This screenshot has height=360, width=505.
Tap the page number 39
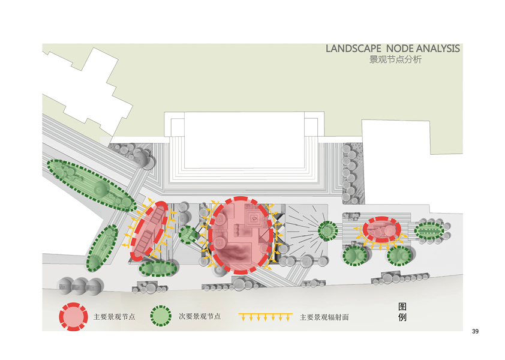tap(476, 332)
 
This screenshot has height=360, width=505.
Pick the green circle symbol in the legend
tap(161, 316)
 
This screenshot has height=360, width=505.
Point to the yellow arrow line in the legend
tap(265, 316)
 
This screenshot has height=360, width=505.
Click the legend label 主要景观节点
tap(115, 316)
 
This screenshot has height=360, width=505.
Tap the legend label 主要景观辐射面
tap(324, 317)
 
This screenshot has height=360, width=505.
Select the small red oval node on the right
tap(381, 229)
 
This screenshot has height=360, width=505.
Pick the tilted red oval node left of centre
tap(148, 230)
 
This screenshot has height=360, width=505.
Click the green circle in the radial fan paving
tap(327, 230)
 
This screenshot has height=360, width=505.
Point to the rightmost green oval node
tap(429, 230)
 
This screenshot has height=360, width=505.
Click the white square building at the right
tap(396, 144)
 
